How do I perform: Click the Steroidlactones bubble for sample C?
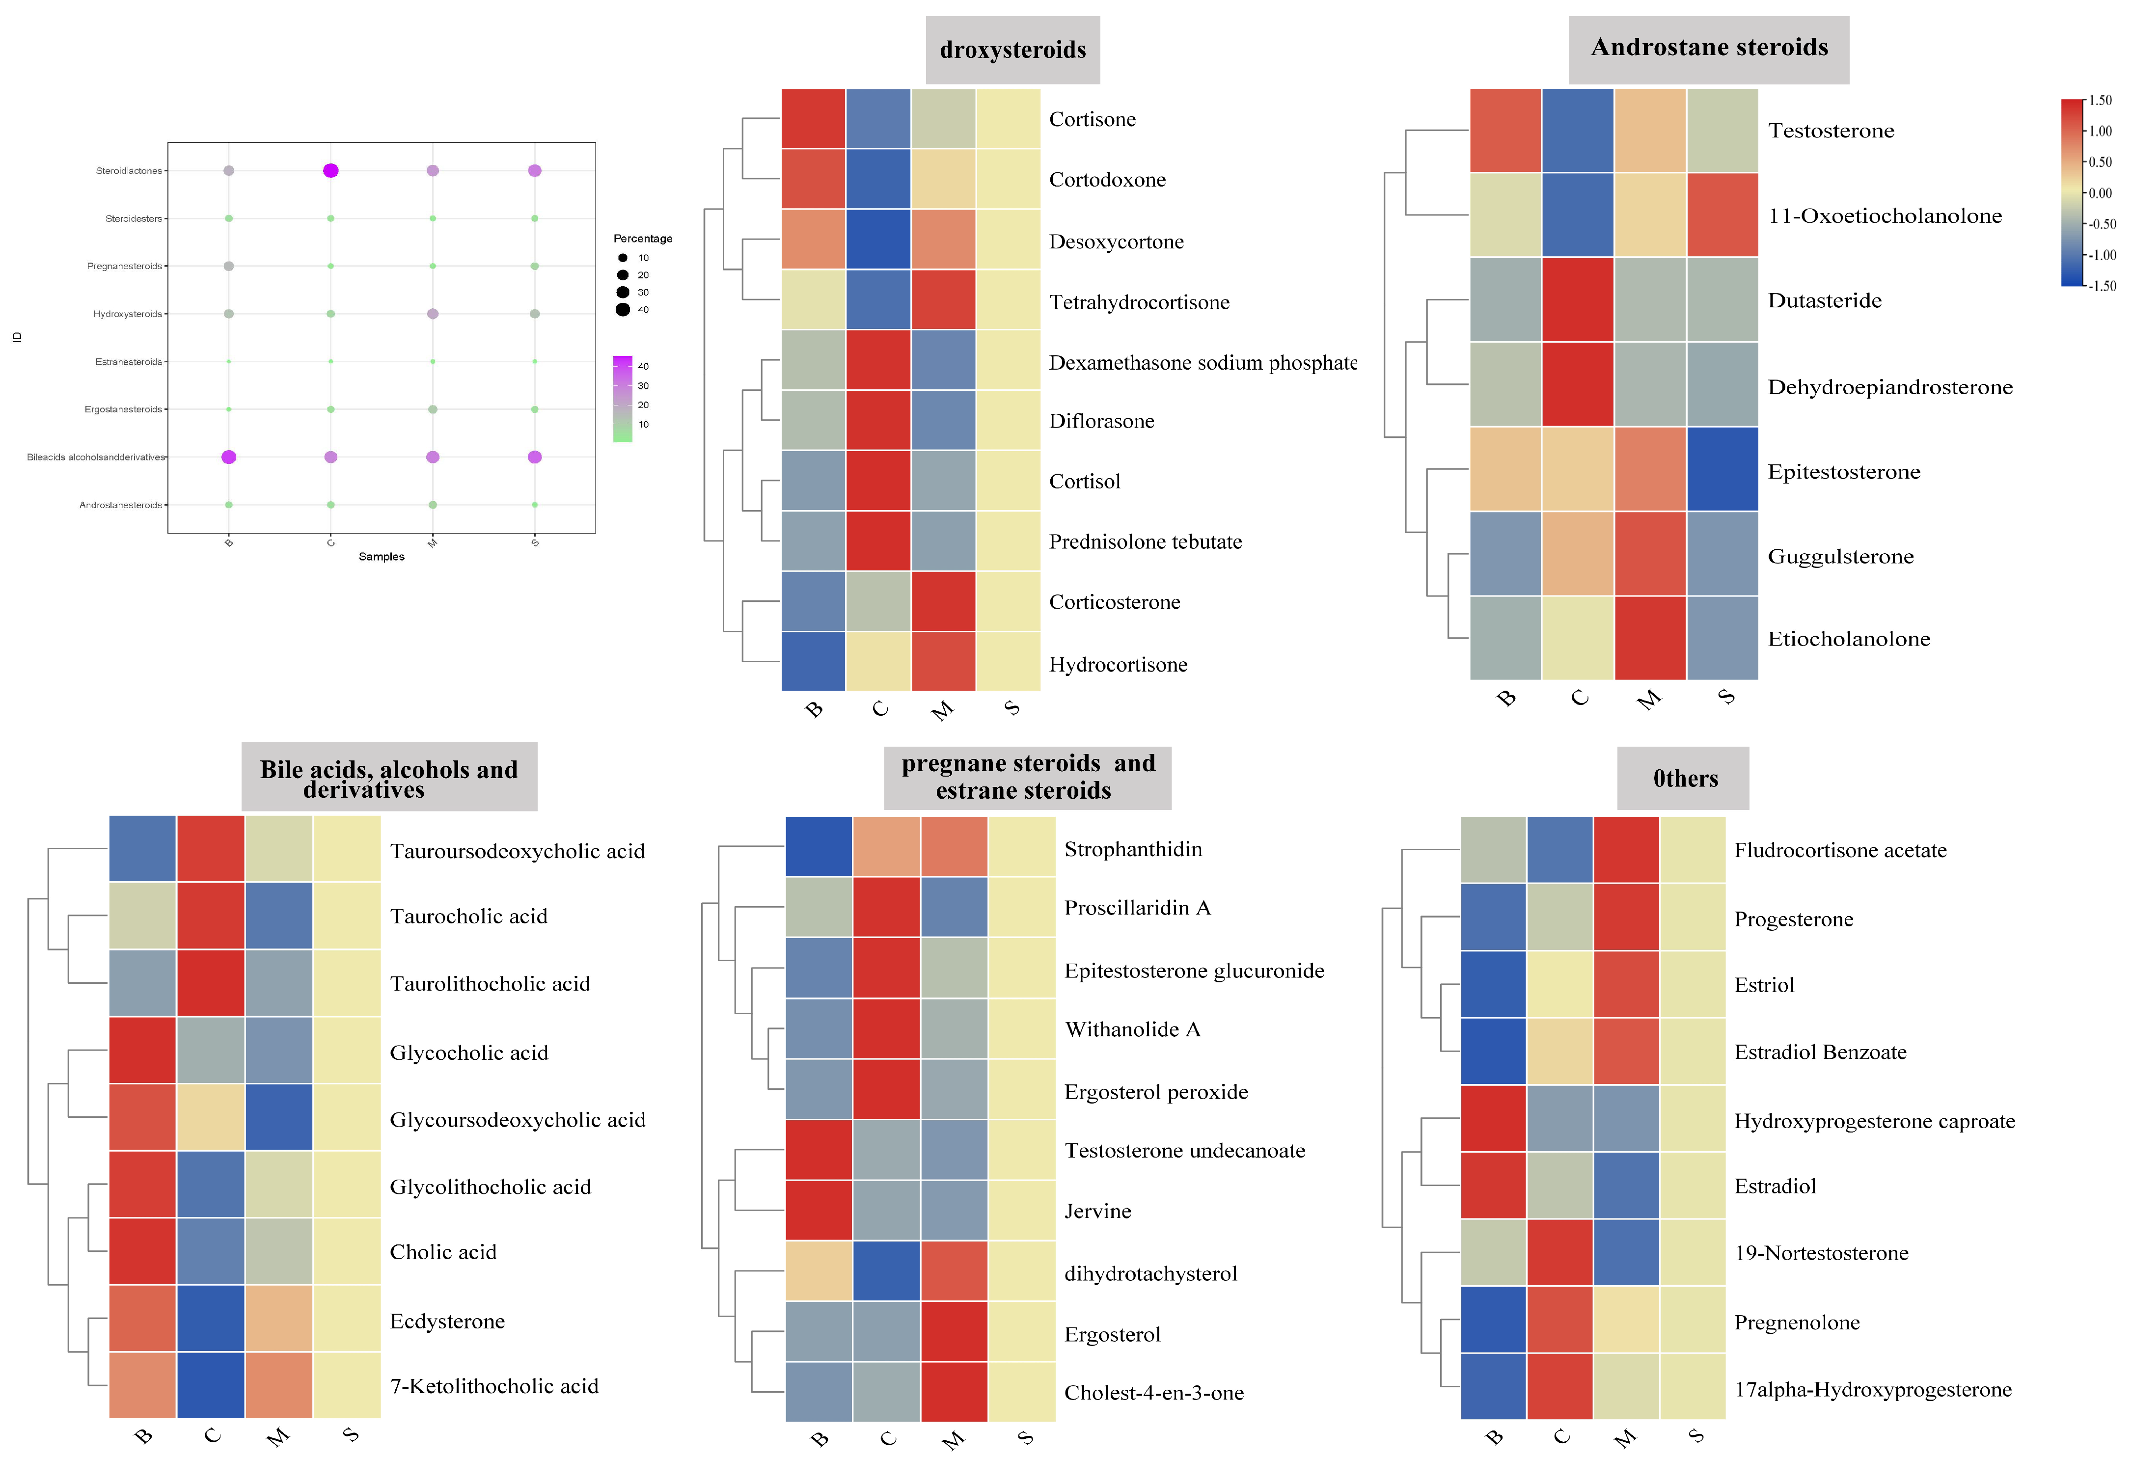pos(331,170)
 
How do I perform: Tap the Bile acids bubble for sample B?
pos(229,457)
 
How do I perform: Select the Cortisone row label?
pos(1092,119)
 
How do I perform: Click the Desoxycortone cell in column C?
pos(878,240)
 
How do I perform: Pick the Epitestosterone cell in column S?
pos(1722,469)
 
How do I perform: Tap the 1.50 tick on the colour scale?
pos(2100,101)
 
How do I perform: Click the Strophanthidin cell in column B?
pos(819,846)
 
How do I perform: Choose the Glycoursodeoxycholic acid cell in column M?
pos(279,1117)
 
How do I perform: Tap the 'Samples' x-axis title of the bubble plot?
pos(382,557)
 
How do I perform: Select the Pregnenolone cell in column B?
pos(1494,1320)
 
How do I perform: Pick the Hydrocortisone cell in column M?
pos(943,661)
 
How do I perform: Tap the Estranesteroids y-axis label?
pos(129,361)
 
